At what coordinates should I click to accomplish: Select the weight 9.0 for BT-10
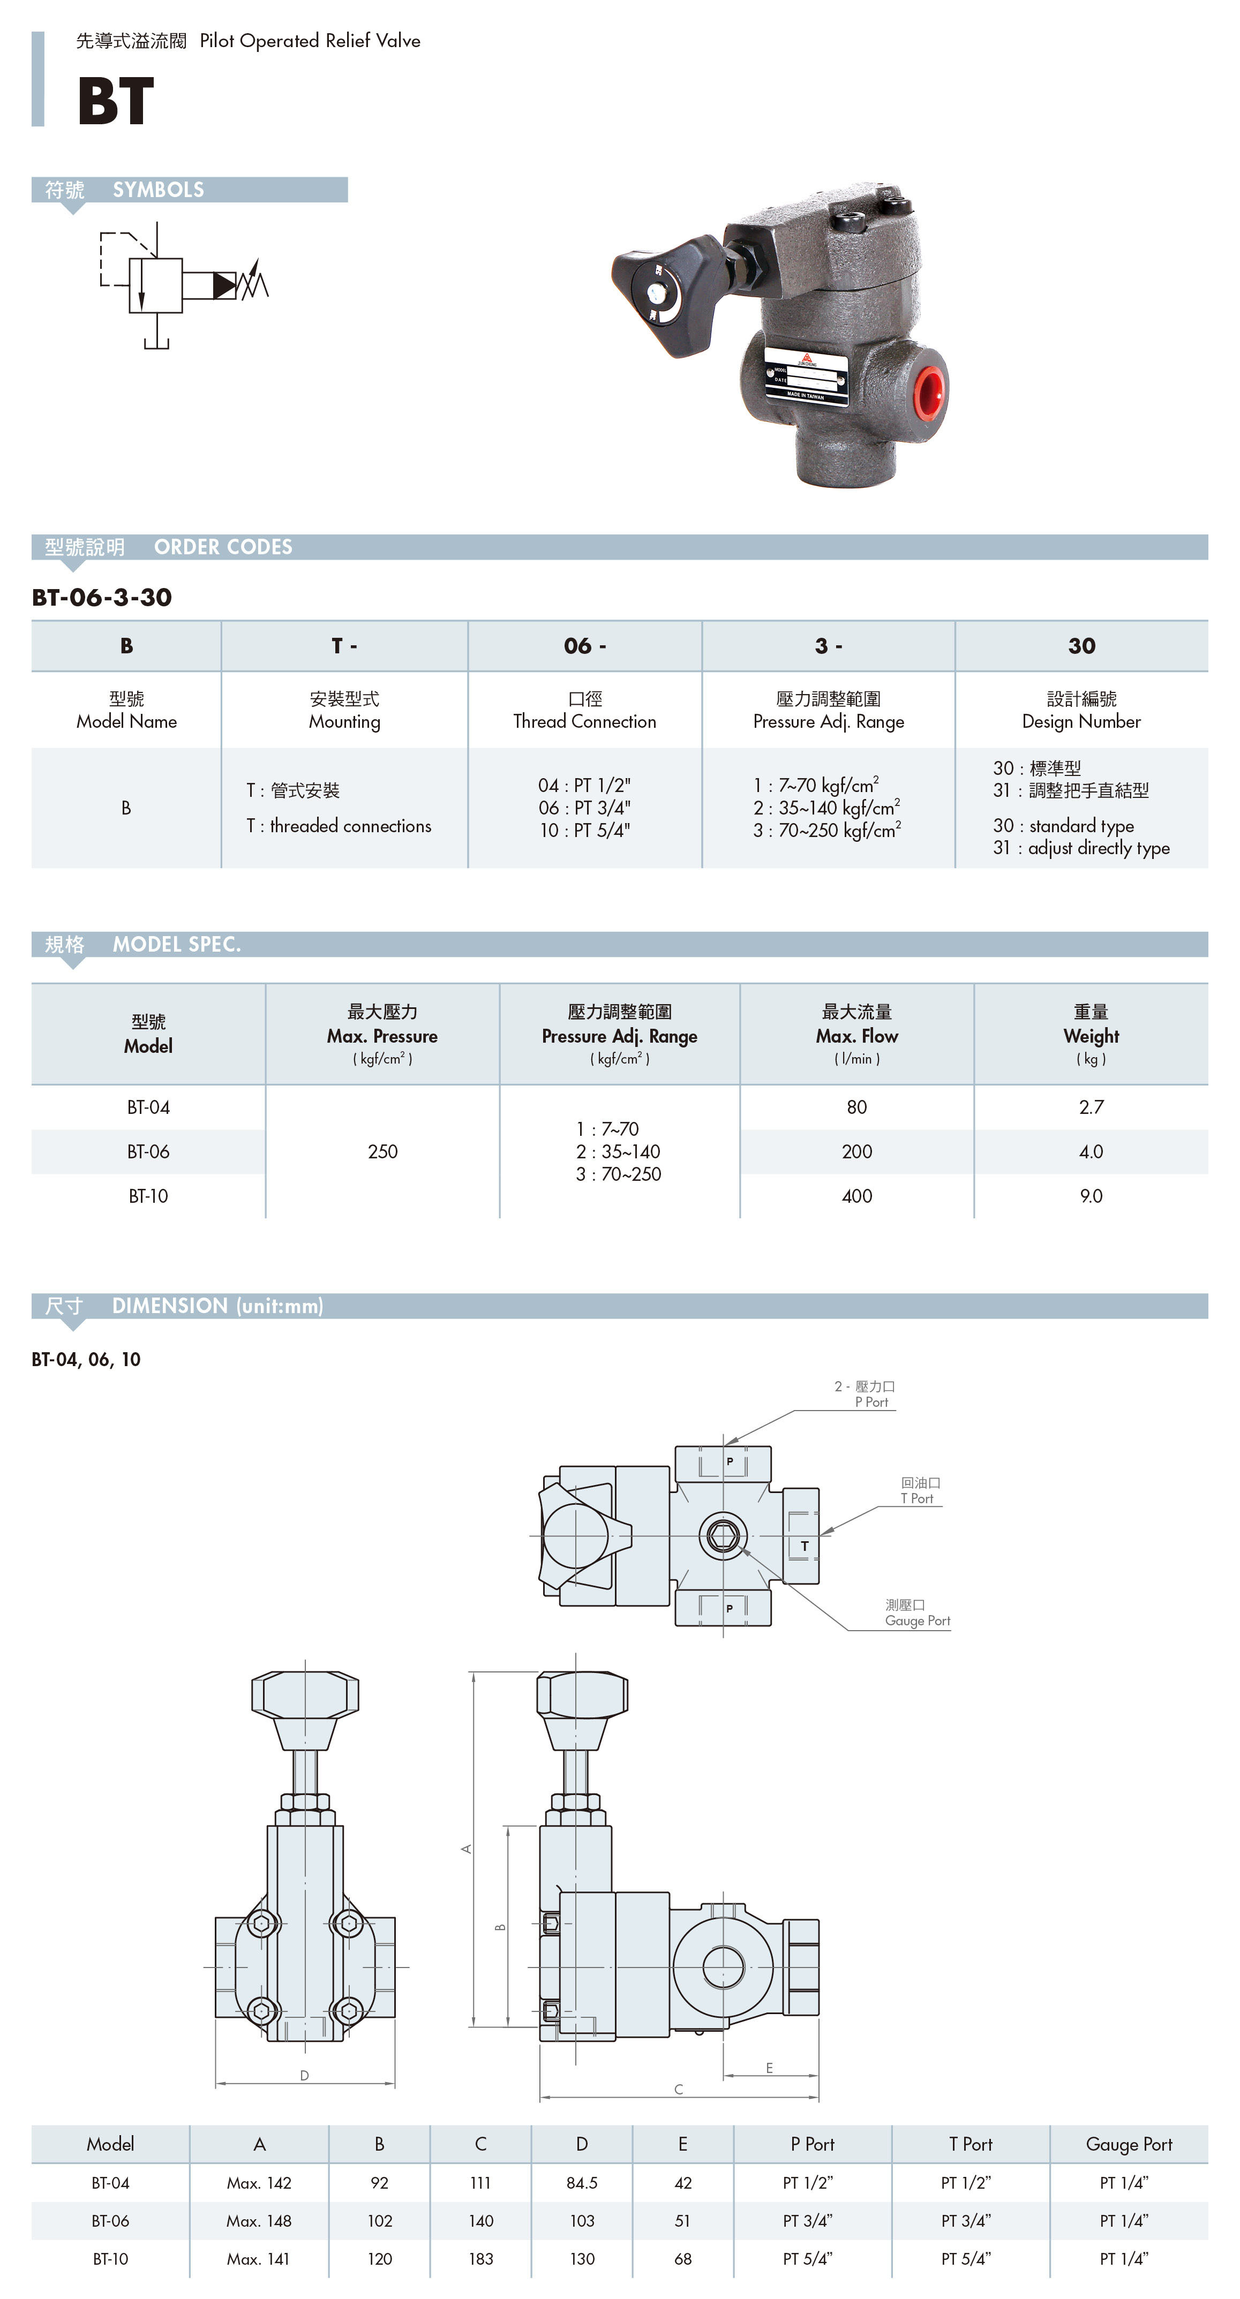pos(1091,1196)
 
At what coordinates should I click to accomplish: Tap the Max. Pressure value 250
pos(382,1151)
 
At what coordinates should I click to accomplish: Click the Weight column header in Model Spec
pos(1091,1035)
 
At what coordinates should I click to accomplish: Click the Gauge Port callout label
pos(917,1612)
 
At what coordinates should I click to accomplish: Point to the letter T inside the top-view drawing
pos(805,1546)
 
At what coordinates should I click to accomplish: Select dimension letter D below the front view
pos(304,2075)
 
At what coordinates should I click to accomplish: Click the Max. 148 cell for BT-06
pos(259,2220)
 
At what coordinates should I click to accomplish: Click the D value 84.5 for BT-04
pos(582,2183)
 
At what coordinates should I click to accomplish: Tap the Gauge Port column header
pos(1129,2144)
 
